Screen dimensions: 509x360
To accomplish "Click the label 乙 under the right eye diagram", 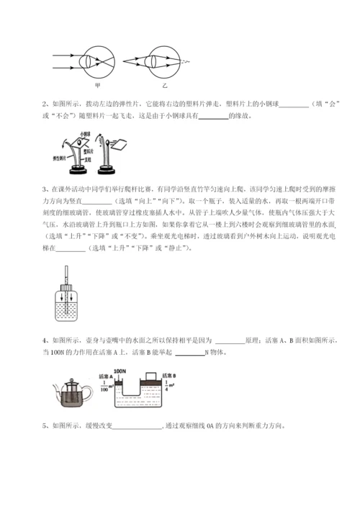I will coord(165,85).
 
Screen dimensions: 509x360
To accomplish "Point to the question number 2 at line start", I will coord(46,103).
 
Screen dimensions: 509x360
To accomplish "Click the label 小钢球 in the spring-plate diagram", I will coord(85,135).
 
